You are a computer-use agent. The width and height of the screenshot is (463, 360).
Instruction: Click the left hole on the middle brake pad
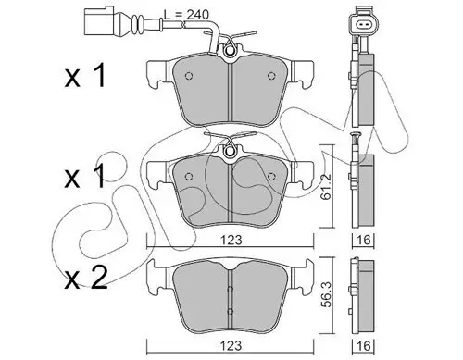point(187,170)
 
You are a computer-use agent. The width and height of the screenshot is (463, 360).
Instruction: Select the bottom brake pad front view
point(230,287)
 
